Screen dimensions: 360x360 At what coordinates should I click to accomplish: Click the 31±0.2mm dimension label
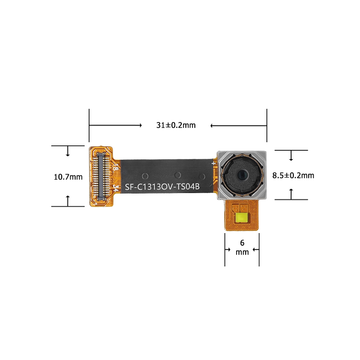coord(176,125)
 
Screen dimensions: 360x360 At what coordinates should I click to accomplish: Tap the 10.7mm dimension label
coord(68,177)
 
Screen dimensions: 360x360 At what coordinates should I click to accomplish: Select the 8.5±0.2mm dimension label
coord(293,175)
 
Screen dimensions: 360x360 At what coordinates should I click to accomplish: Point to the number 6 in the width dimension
coord(242,243)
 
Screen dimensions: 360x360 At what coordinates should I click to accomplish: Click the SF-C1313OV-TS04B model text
coord(162,187)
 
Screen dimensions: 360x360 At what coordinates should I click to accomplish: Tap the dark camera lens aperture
coord(242,175)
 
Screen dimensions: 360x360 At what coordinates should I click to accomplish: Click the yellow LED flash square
coord(241,217)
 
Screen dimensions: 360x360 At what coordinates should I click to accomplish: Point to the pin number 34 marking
coord(116,189)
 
